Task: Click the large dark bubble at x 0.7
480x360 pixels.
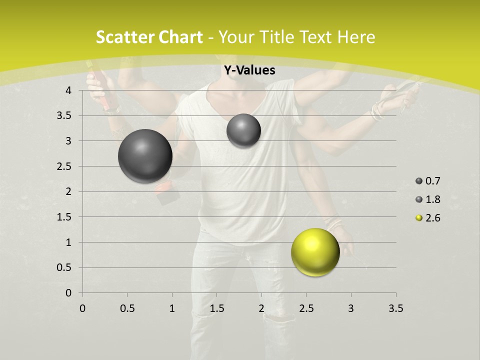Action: pos(145,156)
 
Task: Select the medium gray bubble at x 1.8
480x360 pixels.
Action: pos(243,130)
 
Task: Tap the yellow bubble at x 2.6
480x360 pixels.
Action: pos(315,252)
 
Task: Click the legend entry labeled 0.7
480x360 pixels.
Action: pos(428,181)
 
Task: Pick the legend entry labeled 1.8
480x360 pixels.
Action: pos(428,199)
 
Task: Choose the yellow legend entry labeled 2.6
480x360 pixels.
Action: pos(428,218)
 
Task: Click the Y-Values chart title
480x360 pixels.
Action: pos(249,70)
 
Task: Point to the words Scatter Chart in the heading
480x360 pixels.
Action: pos(149,37)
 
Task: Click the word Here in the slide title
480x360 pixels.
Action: pos(356,37)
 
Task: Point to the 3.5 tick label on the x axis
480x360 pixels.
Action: pos(395,308)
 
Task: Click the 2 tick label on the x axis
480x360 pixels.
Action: pos(261,308)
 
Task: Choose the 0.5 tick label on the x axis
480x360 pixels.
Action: pos(127,308)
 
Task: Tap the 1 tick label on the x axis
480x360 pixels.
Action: pos(172,308)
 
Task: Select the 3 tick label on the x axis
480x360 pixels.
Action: pos(351,308)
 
